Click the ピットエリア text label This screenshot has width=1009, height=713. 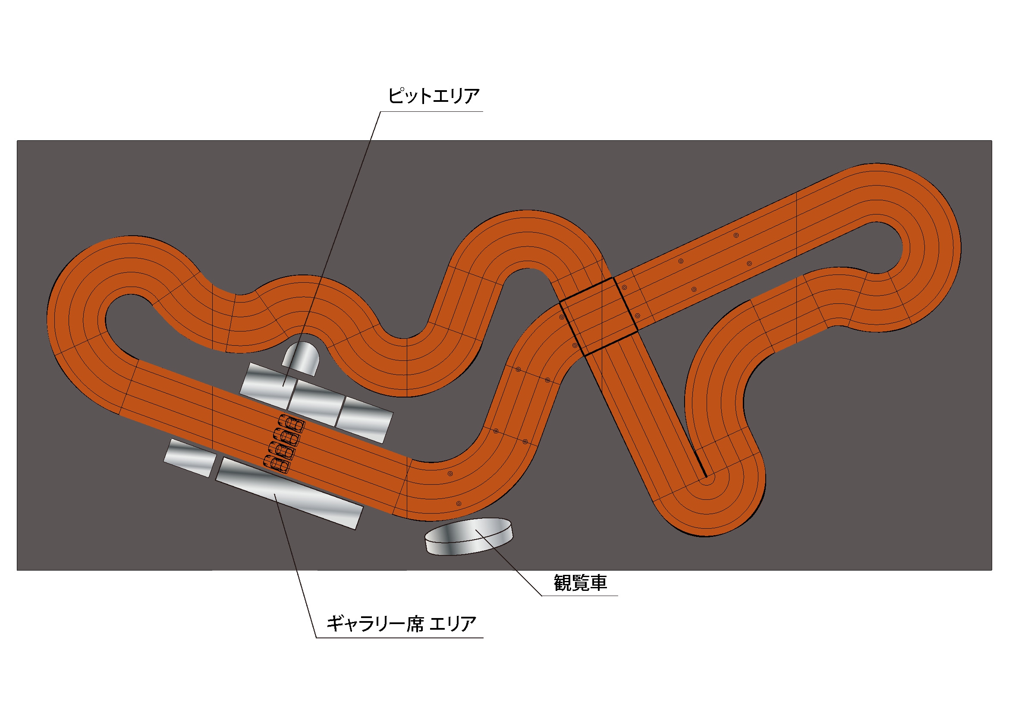[433, 96]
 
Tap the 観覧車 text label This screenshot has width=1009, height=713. [580, 583]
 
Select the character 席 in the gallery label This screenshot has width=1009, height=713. [415, 624]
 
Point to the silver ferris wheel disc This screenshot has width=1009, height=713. [468, 536]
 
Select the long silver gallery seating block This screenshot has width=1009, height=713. [289, 493]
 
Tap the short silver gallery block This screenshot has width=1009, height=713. [190, 457]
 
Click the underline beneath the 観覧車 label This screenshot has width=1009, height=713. [580, 596]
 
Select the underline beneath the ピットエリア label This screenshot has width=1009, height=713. [431, 112]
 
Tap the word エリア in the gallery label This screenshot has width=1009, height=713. [453, 624]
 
